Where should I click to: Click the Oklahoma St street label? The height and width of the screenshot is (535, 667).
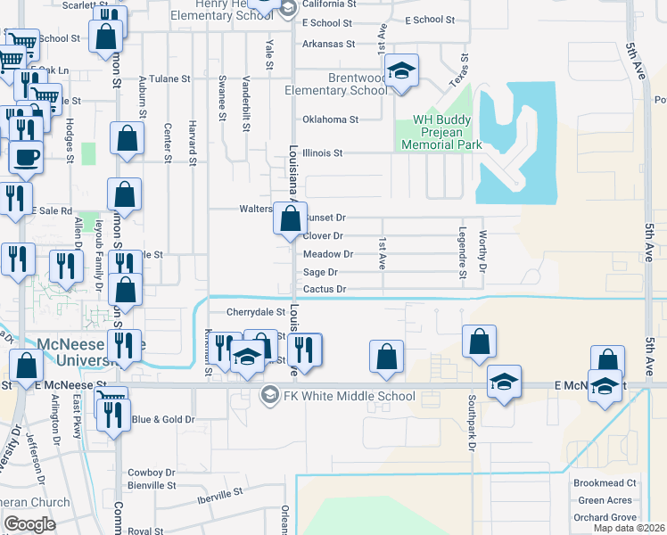(x=330, y=119)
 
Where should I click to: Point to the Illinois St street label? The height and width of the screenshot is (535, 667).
(x=322, y=153)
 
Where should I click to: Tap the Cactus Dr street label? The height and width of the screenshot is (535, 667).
(x=325, y=289)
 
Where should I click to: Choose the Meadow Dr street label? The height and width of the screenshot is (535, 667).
(x=328, y=254)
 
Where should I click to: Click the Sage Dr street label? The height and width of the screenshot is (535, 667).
(x=320, y=272)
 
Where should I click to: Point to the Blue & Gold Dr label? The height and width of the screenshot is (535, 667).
(x=163, y=418)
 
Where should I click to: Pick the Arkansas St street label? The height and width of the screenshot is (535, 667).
(x=328, y=44)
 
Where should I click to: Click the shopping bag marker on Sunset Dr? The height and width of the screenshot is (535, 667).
(x=291, y=219)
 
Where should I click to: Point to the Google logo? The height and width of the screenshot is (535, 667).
(x=29, y=523)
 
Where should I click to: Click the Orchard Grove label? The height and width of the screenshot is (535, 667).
(x=605, y=517)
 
